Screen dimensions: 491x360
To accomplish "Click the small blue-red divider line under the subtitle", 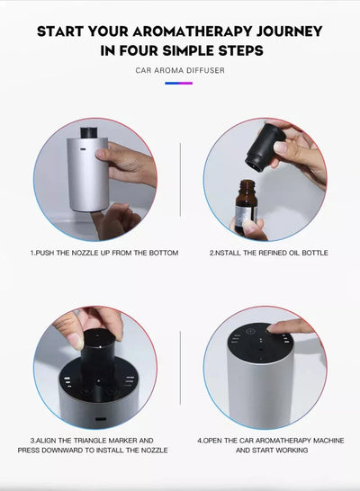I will click(x=180, y=83).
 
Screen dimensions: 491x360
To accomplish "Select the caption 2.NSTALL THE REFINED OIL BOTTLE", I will click(x=268, y=253).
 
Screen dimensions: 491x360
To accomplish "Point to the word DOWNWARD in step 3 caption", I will click(x=76, y=450).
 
